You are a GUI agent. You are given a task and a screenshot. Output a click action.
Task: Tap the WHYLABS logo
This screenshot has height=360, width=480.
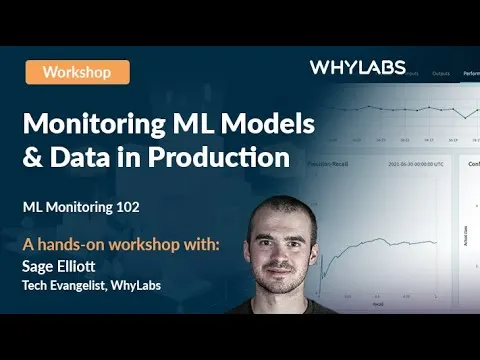pyautogui.click(x=357, y=68)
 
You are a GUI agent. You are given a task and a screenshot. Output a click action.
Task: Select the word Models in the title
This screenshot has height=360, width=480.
pyautogui.click(x=272, y=125)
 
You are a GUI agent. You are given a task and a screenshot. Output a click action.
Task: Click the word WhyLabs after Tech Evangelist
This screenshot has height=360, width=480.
pyautogui.click(x=137, y=286)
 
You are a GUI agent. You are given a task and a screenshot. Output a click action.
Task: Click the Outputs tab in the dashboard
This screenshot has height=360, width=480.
pyautogui.click(x=441, y=72)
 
